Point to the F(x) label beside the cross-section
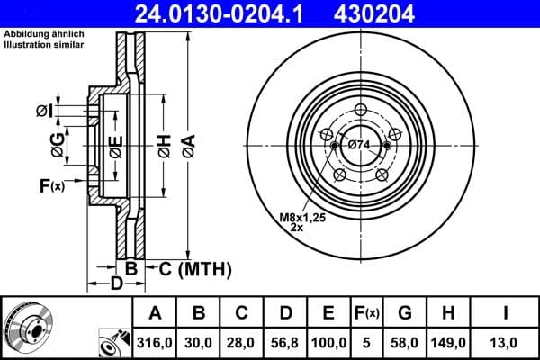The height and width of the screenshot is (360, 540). [x=51, y=186]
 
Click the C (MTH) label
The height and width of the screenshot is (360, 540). [x=195, y=268]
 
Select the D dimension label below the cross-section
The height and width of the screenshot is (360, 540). [x=116, y=285]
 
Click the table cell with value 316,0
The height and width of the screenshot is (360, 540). [x=156, y=343]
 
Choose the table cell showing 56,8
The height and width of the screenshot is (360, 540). [x=287, y=343]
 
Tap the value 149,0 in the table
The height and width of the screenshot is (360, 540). [x=450, y=343]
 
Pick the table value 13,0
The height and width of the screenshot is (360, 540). [x=507, y=343]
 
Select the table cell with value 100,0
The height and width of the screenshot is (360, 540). [x=329, y=343]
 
